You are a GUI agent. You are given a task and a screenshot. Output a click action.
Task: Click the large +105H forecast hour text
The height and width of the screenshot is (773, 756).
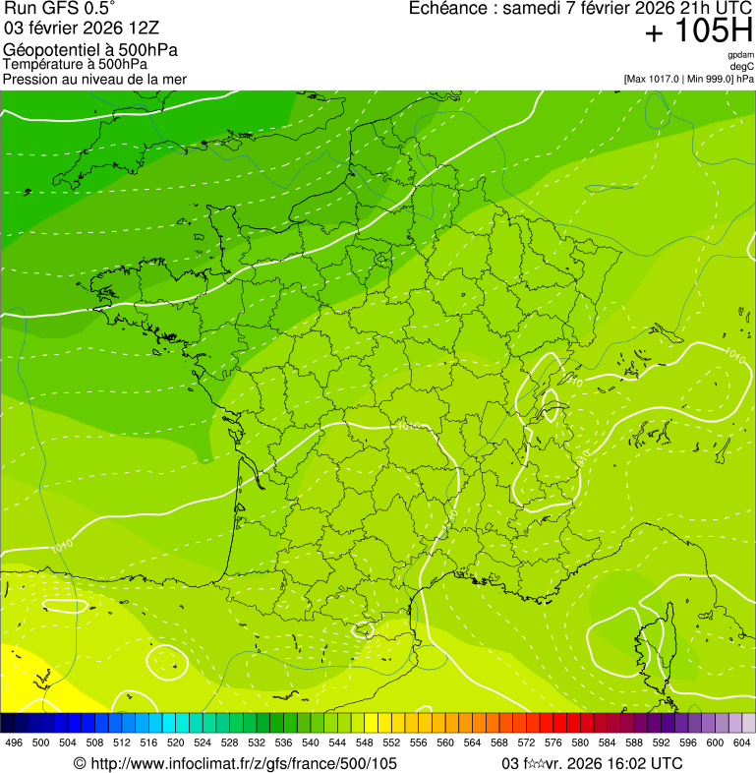698,31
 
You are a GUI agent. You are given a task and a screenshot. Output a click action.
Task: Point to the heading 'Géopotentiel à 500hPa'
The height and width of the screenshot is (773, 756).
90,50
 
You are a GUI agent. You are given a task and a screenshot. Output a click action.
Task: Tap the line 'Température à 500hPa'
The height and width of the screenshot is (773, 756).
75,65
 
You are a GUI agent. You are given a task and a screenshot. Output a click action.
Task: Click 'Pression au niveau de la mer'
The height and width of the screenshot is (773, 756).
94,79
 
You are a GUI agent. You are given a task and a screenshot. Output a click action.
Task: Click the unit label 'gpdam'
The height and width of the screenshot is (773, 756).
741,55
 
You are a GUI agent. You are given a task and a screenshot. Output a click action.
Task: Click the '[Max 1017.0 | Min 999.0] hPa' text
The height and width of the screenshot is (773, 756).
688,78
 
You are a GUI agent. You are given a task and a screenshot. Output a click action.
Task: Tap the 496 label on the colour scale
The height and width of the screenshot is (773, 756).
14,743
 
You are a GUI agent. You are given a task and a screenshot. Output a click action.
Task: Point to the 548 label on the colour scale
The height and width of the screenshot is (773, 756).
365,743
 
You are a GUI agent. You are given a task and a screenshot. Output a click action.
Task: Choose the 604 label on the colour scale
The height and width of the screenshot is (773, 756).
742,743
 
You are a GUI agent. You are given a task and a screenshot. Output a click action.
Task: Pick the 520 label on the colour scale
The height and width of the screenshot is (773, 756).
176,743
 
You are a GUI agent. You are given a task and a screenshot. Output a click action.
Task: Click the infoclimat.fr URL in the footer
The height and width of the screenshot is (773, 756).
236,763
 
